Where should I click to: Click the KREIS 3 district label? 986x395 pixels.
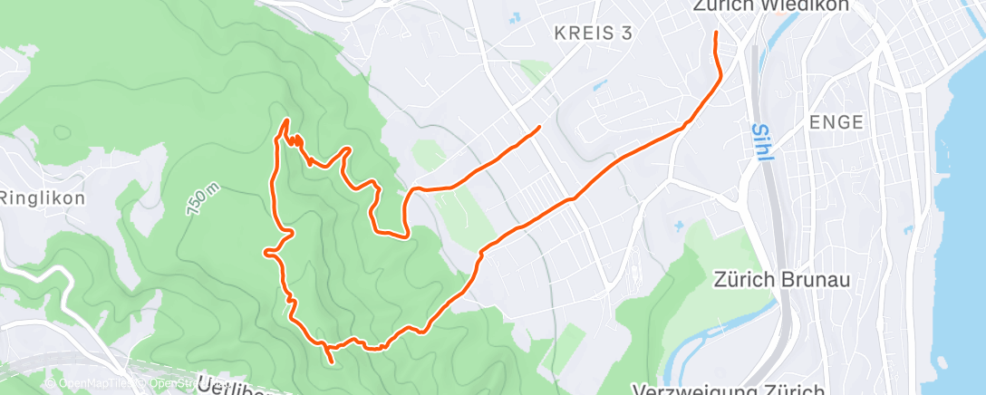pyautogui.click(x=592, y=34)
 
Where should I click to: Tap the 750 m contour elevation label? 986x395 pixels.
pyautogui.click(x=202, y=197)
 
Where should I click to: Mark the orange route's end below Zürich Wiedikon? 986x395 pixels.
pyautogui.click(x=716, y=34)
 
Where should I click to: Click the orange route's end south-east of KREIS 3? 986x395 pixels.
pyautogui.click(x=540, y=127)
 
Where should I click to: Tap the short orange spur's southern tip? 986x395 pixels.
pyautogui.click(x=333, y=362)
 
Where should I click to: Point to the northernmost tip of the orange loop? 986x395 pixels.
pyautogui.click(x=287, y=120)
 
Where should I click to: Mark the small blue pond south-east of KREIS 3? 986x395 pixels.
pyautogui.click(x=597, y=87)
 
